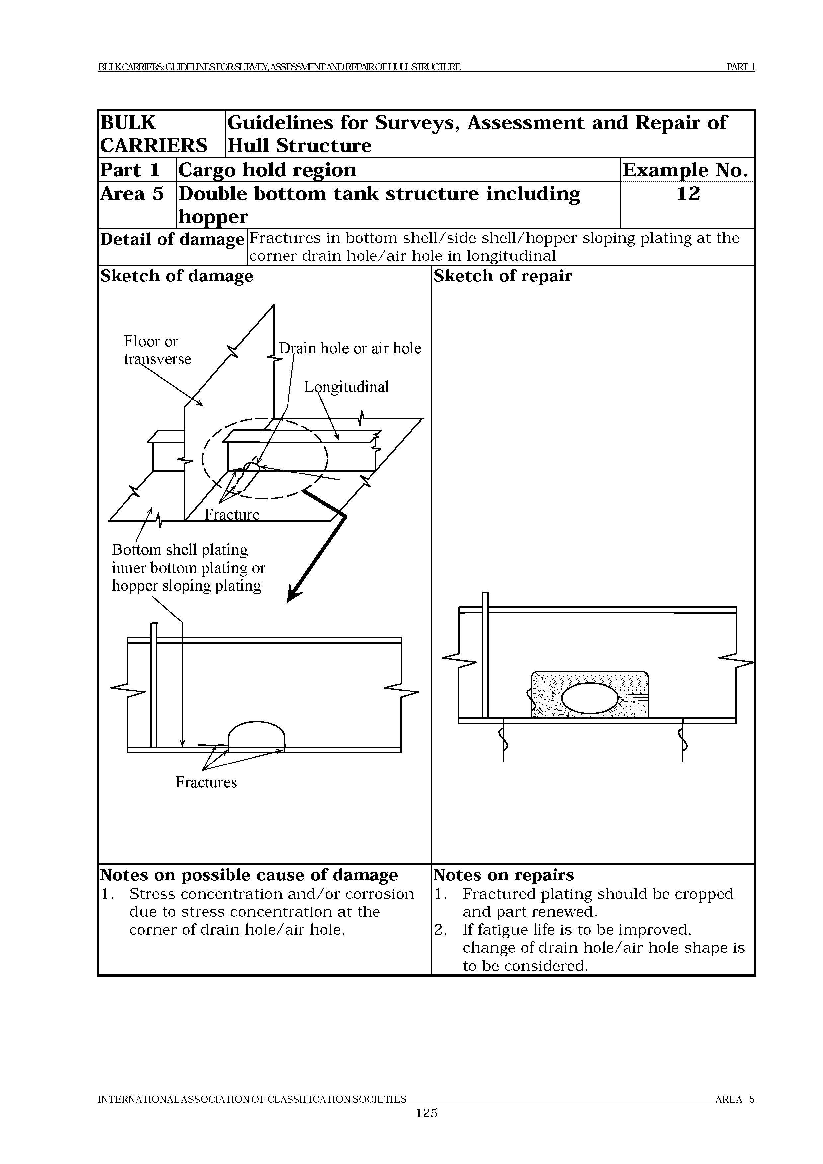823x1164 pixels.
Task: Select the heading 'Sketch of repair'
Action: point(502,276)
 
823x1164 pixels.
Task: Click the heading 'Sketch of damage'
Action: point(177,276)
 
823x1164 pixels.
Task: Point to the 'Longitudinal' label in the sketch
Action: point(346,387)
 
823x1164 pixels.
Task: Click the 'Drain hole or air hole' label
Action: point(350,348)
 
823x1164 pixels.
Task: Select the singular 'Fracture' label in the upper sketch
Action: point(232,515)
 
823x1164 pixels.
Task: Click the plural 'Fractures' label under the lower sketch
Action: point(206,782)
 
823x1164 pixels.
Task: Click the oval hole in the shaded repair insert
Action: point(590,699)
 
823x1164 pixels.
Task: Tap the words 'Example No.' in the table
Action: point(686,170)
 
